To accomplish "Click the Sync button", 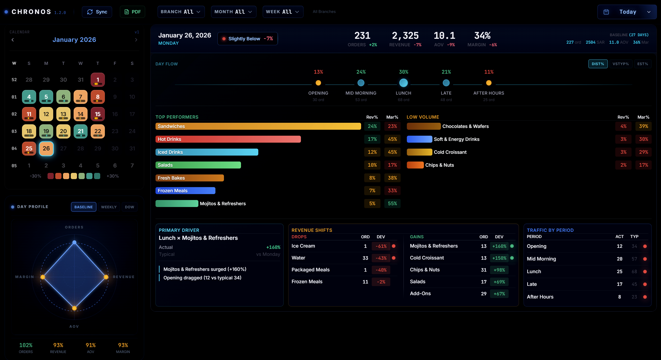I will [x=97, y=12].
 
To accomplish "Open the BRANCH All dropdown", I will [x=181, y=12].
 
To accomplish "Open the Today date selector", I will [x=627, y=12].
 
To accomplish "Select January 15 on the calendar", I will [x=98, y=114].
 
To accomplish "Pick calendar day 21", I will [x=81, y=131].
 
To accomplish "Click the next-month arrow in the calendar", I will [x=136, y=40].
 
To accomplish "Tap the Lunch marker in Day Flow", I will [x=403, y=83].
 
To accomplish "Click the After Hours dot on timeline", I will [x=489, y=83].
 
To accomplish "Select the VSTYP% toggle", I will [x=620, y=64].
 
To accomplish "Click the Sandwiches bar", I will [x=258, y=126].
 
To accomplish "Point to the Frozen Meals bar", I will [x=185, y=191].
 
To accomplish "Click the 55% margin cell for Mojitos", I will [x=392, y=204].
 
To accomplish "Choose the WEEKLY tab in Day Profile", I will [x=109, y=207].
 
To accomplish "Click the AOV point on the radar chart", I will [x=74, y=308].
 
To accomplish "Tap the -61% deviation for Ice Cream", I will [x=381, y=246].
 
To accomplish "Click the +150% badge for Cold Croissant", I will [x=499, y=258].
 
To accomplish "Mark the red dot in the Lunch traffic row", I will [x=645, y=272].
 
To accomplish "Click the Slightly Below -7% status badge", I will [x=247, y=39].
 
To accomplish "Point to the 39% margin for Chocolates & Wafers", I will [x=643, y=126].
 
